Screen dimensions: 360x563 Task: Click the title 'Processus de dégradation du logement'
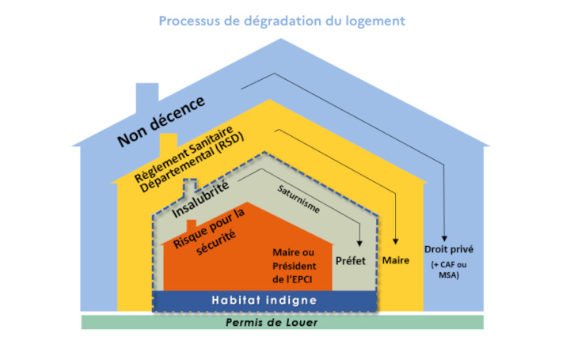281,21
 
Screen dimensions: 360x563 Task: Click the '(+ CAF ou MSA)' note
445,270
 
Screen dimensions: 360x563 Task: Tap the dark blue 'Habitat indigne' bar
264,301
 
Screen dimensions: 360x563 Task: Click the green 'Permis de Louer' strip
282,323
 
